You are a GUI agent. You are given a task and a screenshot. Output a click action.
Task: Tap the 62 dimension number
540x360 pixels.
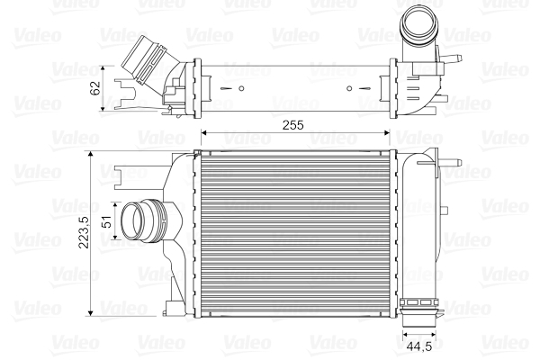94,87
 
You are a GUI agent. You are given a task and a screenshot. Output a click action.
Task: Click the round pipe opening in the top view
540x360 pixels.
418,18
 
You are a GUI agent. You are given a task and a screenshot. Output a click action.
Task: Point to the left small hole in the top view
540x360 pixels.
243,88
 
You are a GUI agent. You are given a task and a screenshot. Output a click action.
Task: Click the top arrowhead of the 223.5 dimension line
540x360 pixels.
91,154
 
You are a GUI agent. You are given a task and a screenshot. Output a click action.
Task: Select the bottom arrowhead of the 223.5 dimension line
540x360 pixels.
91,312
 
